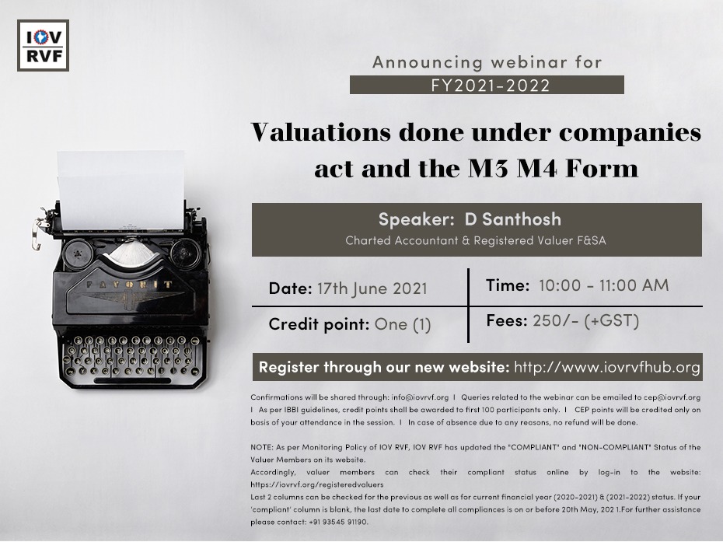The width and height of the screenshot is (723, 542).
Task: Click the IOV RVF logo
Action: (x=43, y=45)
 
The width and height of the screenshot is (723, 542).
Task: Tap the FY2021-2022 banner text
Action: (x=491, y=86)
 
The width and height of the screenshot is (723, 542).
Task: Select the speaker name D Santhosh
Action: (x=513, y=219)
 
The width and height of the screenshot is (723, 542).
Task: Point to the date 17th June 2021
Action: (x=372, y=288)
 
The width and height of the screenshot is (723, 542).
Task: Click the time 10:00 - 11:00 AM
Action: (x=603, y=285)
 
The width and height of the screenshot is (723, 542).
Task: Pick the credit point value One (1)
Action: (x=403, y=325)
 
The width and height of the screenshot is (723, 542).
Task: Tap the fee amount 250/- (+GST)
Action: (x=586, y=321)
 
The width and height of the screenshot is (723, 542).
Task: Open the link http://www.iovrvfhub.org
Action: (x=607, y=367)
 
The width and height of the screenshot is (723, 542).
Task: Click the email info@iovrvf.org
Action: (x=420, y=397)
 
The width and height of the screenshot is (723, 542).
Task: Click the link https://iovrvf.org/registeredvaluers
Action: (x=316, y=484)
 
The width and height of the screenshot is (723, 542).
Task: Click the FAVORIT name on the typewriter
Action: (x=130, y=285)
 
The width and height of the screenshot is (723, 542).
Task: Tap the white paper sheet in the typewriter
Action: (x=120, y=190)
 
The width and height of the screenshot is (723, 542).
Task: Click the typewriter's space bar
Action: (x=132, y=381)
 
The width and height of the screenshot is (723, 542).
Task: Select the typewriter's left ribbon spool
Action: (x=78, y=254)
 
